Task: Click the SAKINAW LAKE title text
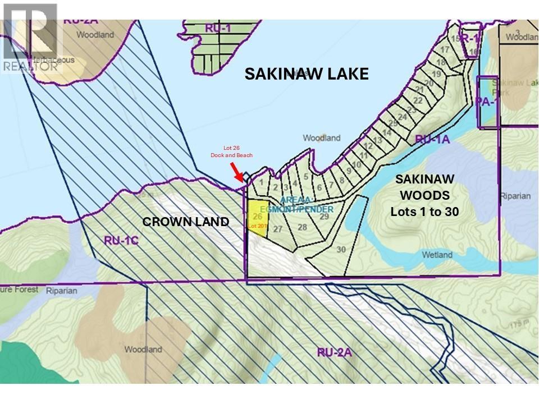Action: coord(307,74)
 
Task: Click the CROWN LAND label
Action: coord(185,222)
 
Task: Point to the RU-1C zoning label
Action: coord(120,240)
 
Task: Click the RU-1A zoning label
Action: coord(432,140)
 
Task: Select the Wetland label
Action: coord(437,255)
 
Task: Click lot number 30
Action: coord(341,250)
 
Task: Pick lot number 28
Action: coord(303,227)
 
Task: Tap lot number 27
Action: coord(277,229)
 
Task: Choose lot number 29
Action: coord(323,217)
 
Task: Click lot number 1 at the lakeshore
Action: coord(261,182)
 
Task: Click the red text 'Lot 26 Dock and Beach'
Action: coord(231,151)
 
